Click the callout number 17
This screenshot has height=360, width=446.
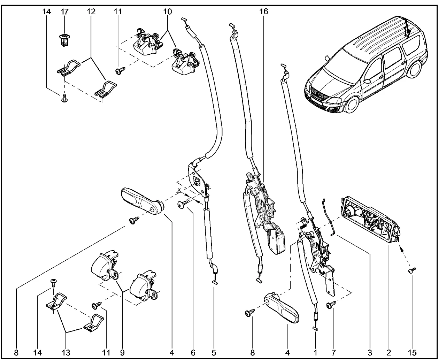pos(65,12)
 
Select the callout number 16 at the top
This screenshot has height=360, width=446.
pos(263,12)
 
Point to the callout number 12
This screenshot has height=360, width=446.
pos(91,12)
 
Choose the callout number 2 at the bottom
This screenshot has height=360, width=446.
pos(389,353)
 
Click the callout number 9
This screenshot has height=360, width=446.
pos(122,353)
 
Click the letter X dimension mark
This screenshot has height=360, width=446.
pos(179,189)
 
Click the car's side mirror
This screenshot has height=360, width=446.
pos(367,81)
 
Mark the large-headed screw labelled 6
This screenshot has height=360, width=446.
pos(183,205)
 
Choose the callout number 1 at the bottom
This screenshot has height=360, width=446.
pos(315,353)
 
